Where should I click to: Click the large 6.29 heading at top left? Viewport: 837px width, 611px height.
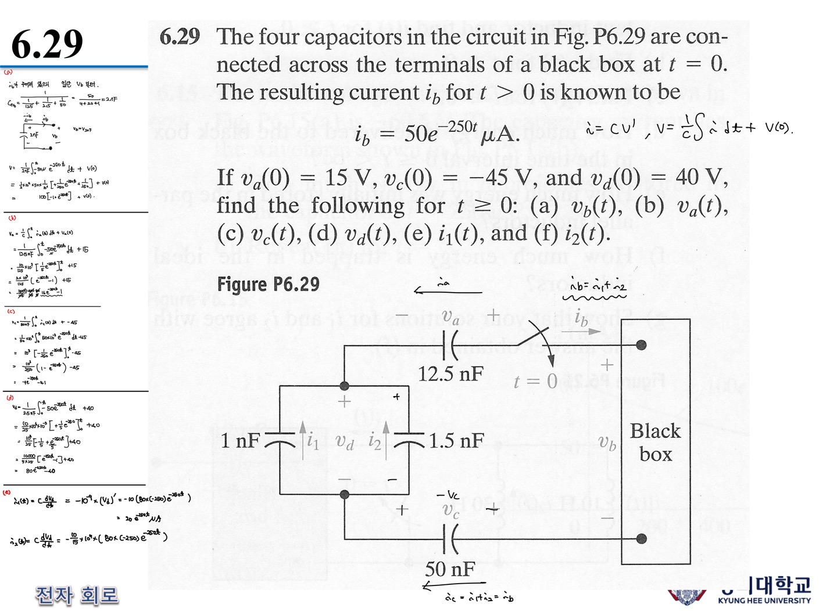point(47,44)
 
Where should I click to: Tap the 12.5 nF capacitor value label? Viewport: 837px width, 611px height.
point(450,373)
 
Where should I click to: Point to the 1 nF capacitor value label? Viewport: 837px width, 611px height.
point(240,441)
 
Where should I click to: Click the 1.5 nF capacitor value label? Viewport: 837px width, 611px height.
point(456,441)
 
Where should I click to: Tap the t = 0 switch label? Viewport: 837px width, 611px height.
point(535,382)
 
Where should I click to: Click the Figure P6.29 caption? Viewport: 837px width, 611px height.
point(268,284)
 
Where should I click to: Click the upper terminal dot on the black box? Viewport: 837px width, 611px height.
point(641,345)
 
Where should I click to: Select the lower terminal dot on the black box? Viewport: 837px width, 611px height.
point(641,538)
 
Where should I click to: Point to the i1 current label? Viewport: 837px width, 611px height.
point(313,442)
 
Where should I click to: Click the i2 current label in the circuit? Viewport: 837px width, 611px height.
point(375,442)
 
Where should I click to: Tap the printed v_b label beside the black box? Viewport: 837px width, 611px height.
point(607,443)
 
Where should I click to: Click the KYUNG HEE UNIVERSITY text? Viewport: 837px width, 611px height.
point(764,601)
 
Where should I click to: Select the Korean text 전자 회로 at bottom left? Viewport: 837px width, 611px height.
point(77,595)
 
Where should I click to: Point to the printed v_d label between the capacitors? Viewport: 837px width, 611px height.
point(345,442)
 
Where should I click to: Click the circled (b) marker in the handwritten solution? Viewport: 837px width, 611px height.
point(12,218)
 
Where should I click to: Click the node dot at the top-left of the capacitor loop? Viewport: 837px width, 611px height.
point(344,386)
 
